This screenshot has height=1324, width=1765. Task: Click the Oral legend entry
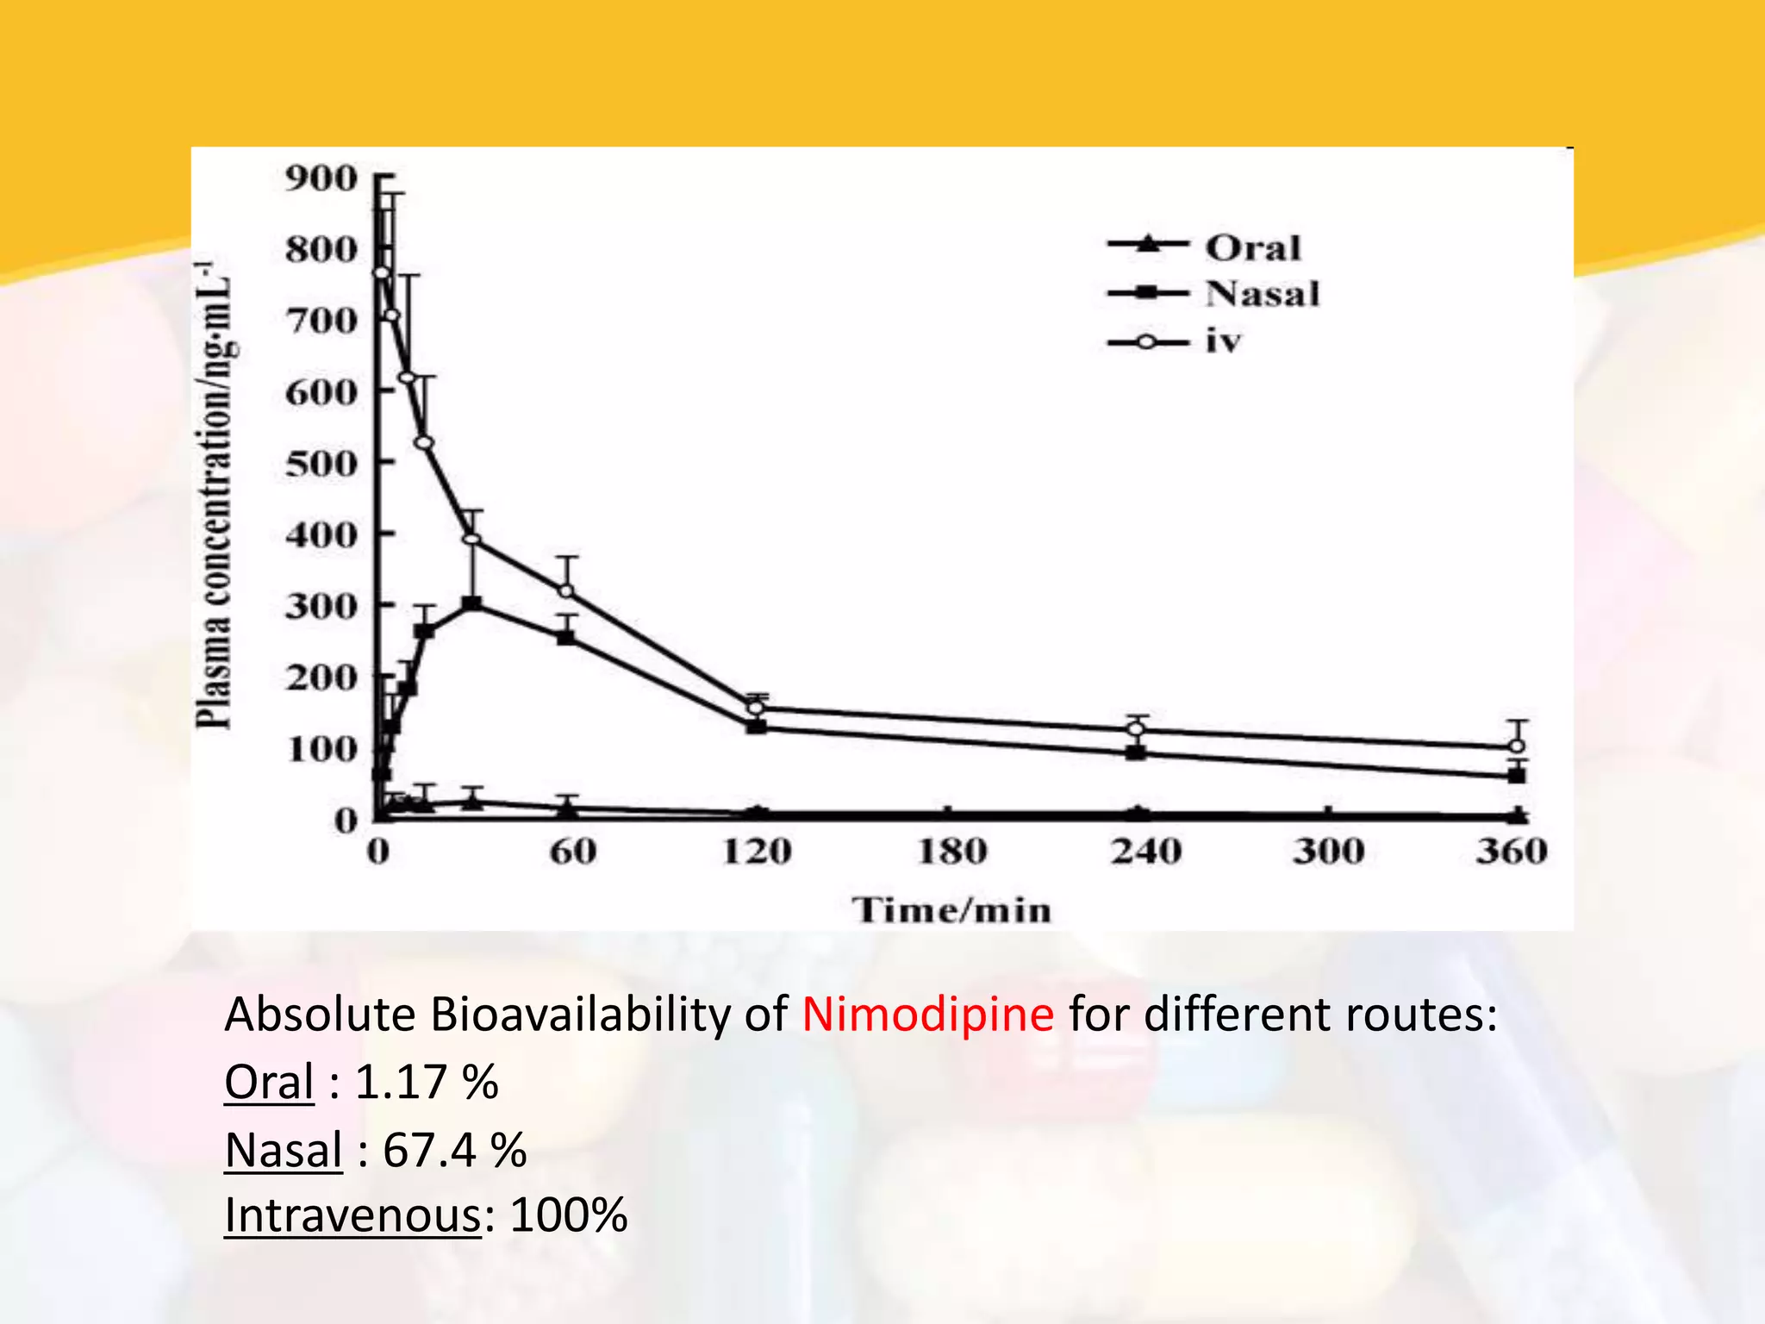tap(1252, 248)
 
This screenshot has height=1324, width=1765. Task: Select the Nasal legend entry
tap(1262, 295)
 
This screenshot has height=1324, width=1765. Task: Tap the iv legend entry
tap(1223, 342)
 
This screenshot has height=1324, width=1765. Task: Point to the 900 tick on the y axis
tap(321, 179)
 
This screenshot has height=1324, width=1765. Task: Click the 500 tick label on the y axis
tap(321, 464)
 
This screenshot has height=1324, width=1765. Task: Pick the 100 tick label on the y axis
tap(321, 749)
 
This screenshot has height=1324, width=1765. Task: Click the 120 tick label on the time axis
tap(757, 852)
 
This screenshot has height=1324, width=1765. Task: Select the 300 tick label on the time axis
tap(1328, 852)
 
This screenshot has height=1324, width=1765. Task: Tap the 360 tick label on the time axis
tap(1512, 852)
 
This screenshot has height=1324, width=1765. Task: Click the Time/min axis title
tap(951, 911)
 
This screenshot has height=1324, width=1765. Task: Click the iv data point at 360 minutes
tap(1517, 746)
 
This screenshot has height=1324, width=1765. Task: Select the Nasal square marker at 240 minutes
tap(1137, 752)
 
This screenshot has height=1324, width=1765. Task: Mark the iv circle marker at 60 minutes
tap(566, 590)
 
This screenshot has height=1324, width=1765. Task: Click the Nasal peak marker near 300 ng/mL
tap(472, 603)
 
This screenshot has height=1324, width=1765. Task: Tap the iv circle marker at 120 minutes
tap(756, 709)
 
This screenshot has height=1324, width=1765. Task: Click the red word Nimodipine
tap(927, 1015)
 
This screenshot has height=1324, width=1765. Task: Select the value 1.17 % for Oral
tap(426, 1082)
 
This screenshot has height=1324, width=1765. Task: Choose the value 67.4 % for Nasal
tap(454, 1150)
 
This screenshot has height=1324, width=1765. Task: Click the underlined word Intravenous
tap(352, 1216)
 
